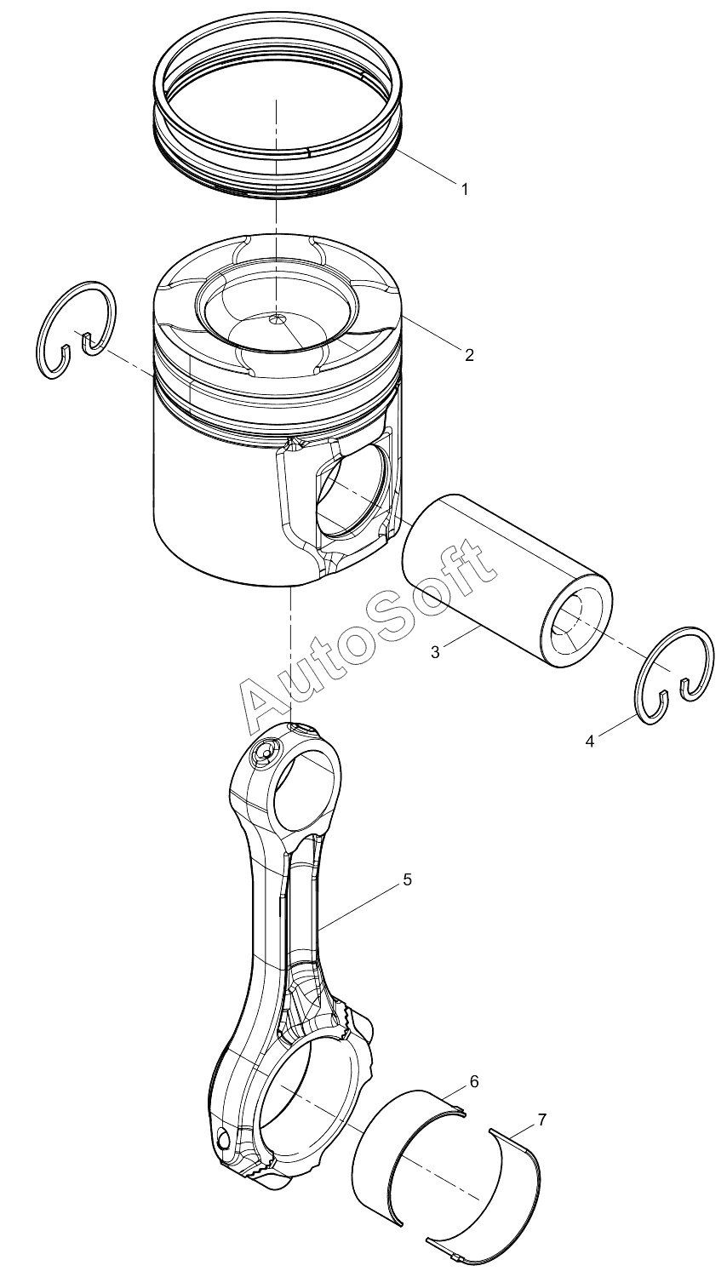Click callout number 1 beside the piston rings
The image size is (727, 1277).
click(x=465, y=189)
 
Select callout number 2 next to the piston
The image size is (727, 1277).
click(x=468, y=355)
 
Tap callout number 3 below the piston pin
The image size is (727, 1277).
click(x=435, y=653)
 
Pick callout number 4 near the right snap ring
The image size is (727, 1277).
click(x=589, y=742)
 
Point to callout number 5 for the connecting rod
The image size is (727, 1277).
click(x=407, y=879)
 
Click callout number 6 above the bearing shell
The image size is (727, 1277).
click(x=474, y=1081)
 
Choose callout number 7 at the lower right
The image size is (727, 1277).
click(x=542, y=1120)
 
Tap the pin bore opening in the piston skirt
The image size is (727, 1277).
click(x=349, y=494)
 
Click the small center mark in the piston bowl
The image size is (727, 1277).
click(x=276, y=319)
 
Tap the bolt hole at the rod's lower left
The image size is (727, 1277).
click(x=225, y=1138)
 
